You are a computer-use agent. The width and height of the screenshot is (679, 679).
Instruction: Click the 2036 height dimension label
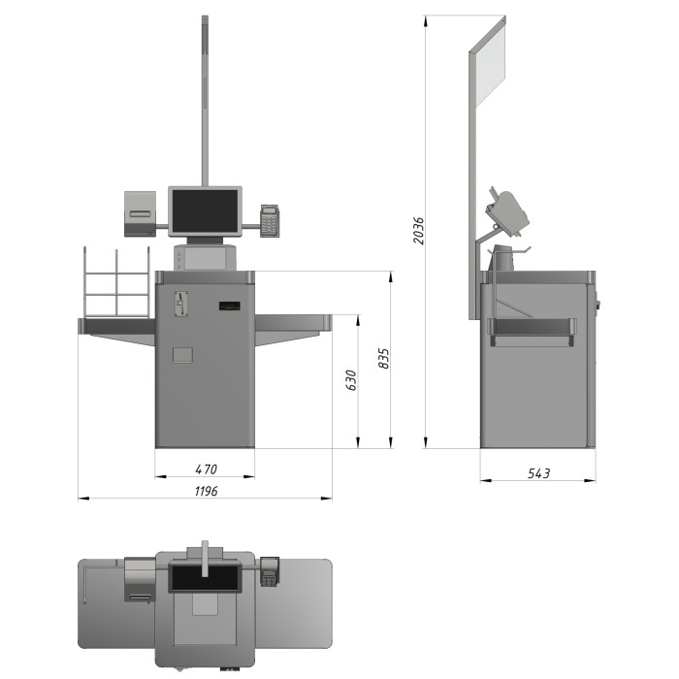point(418,231)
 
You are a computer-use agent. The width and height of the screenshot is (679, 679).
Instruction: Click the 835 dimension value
point(384,359)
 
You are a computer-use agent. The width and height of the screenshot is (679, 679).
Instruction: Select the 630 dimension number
point(351,380)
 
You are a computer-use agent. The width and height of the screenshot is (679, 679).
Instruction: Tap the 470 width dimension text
point(206,469)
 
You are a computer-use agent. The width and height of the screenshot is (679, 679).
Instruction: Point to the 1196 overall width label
point(206,491)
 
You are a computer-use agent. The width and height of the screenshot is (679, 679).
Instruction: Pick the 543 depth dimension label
point(538,473)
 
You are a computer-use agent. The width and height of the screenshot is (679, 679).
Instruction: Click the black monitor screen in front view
point(205,210)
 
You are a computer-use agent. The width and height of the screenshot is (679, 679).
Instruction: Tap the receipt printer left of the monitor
point(140,213)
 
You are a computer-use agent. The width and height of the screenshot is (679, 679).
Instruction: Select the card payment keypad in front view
point(270,221)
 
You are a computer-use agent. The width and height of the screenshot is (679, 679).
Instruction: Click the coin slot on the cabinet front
point(180,304)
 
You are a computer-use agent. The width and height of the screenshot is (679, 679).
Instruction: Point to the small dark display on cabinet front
point(230,307)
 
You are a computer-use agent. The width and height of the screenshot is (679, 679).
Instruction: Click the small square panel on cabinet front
point(182,355)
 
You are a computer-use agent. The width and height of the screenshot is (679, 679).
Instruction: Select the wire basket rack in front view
point(117,282)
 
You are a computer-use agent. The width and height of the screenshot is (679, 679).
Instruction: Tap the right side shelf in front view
point(293,330)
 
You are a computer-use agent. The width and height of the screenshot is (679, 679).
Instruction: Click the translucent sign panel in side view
point(490,65)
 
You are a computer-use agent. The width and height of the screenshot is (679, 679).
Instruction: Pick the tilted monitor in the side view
point(508,212)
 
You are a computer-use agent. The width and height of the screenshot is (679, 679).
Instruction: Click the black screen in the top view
point(205,578)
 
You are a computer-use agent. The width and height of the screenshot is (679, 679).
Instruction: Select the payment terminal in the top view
point(270,571)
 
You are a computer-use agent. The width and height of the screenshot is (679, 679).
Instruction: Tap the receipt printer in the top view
point(140,579)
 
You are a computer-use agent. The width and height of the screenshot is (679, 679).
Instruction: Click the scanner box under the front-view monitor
point(205,257)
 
